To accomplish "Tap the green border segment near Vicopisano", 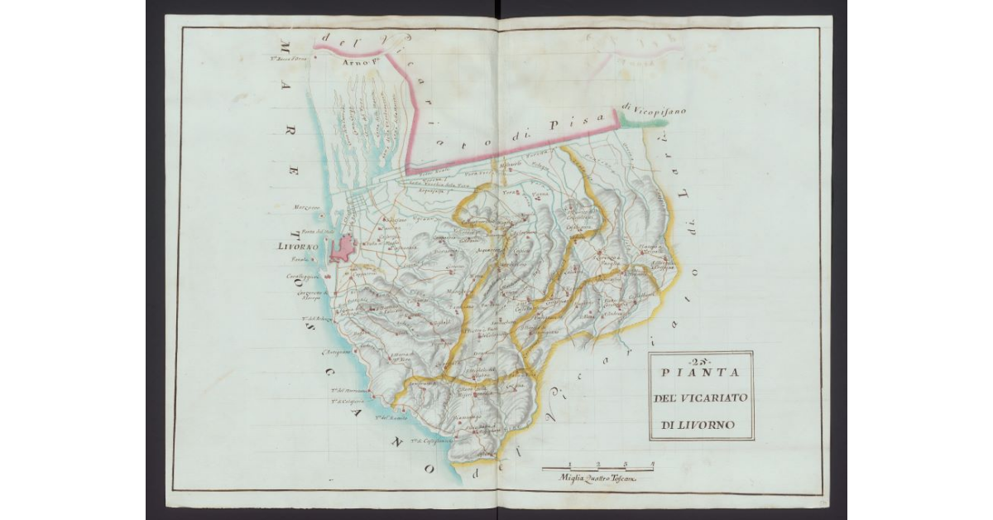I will [x=641, y=121].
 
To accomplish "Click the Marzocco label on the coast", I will [x=308, y=207].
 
